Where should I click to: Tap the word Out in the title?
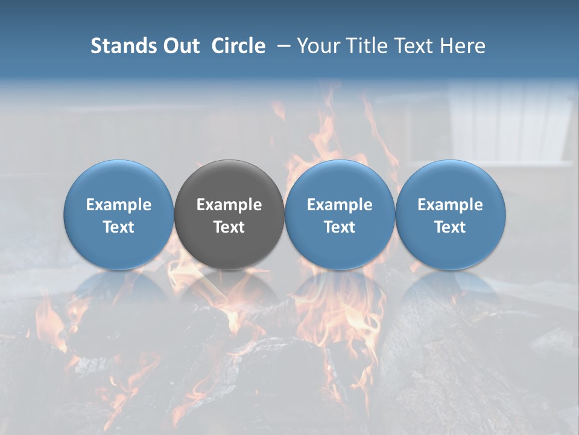[x=181, y=46]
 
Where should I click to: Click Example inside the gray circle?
[x=229, y=205]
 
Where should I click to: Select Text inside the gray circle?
[x=229, y=227]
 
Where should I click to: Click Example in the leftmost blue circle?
[x=119, y=205]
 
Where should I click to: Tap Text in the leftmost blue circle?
[x=119, y=227]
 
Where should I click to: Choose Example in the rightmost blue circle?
[x=450, y=205]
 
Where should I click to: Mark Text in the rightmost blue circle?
[x=450, y=227]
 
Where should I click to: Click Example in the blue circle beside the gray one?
[x=340, y=205]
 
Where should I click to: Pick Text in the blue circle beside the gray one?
[x=340, y=227]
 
